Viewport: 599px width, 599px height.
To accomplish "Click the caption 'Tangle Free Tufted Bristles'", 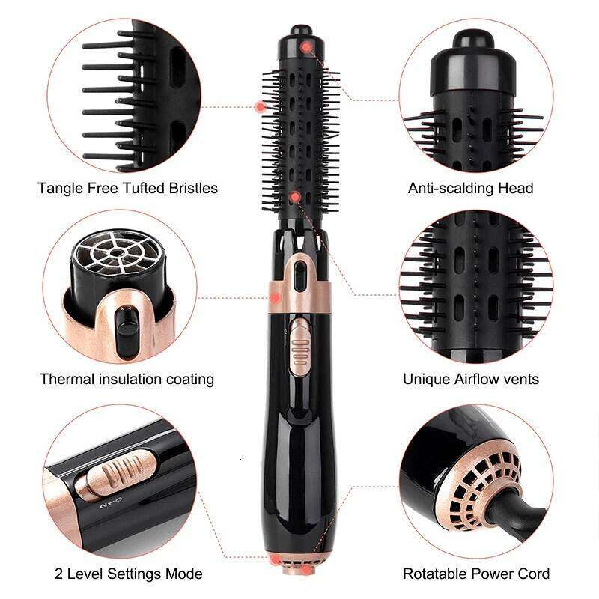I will [127, 187].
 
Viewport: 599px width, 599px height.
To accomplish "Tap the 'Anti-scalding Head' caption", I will [470, 187].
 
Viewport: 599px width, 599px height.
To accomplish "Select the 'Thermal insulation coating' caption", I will [127, 379].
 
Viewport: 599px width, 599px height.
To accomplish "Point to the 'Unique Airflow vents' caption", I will [470, 379].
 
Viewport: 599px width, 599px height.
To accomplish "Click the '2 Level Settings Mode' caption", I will [128, 574].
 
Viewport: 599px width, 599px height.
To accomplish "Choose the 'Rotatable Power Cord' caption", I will [476, 574].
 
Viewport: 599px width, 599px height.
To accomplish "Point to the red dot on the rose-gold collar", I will [276, 298].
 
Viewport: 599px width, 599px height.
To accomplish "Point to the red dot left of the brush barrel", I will [261, 106].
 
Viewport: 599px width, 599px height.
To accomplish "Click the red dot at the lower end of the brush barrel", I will [296, 197].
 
